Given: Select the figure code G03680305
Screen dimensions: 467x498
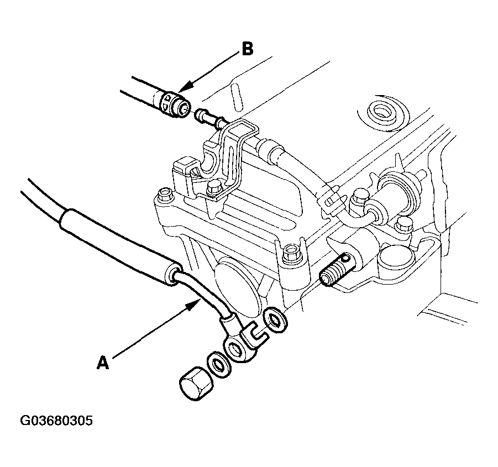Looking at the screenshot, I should click(x=56, y=421).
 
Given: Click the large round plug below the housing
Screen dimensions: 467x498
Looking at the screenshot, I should click(x=238, y=282).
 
